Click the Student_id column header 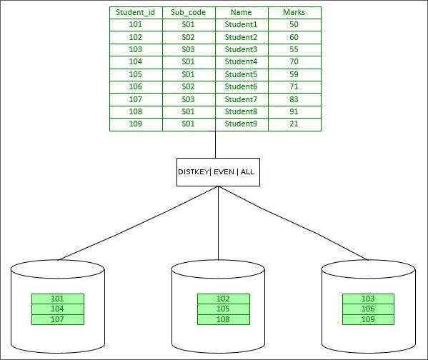(136, 12)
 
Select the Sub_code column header (189, 12)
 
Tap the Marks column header (294, 12)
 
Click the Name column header (242, 12)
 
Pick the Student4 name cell (242, 62)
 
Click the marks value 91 (294, 112)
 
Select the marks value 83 (294, 99)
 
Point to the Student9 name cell (242, 124)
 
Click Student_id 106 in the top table (136, 87)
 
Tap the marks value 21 (294, 124)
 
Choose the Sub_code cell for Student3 (189, 49)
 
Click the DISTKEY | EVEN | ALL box (218, 172)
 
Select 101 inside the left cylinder (57, 299)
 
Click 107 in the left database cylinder (57, 319)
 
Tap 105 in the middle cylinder (224, 309)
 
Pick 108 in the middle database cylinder (224, 319)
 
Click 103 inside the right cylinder (369, 299)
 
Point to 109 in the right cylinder (369, 319)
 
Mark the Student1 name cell (242, 24)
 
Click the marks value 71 (294, 87)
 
